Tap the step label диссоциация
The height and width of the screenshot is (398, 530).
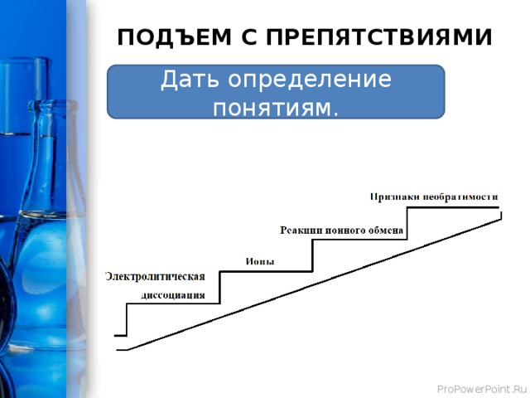click(184, 294)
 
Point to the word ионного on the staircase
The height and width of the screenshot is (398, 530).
click(346, 230)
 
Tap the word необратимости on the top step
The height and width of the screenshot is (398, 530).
click(460, 197)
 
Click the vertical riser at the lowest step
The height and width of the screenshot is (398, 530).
click(127, 319)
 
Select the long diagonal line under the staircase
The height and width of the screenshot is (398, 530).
click(315, 283)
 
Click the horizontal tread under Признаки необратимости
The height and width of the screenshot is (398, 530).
click(452, 206)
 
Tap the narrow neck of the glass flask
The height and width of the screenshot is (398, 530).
click(46, 149)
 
